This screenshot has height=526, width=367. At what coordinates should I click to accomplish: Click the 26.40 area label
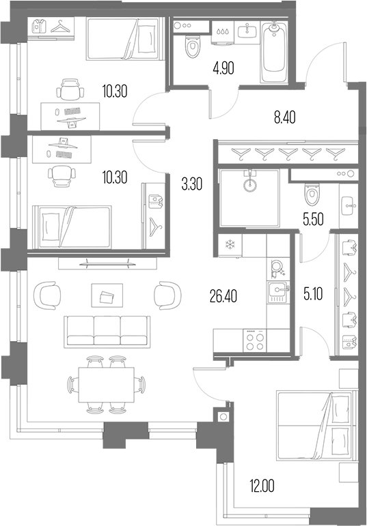click(x=223, y=296)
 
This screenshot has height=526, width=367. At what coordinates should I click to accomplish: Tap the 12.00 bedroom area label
click(x=262, y=486)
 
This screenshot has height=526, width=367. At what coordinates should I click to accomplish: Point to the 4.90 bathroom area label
click(x=223, y=68)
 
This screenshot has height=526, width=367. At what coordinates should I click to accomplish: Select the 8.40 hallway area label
click(x=285, y=118)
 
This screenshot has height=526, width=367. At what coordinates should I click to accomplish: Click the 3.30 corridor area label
click(x=192, y=184)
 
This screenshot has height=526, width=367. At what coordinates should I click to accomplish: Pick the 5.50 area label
click(x=313, y=220)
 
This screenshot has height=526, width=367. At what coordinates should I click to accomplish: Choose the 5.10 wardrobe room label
click(x=313, y=294)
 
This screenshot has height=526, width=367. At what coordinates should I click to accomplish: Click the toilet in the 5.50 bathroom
click(x=312, y=194)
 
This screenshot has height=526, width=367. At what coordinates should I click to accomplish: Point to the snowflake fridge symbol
click(x=230, y=244)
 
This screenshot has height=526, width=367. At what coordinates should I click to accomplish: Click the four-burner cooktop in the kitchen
click(x=255, y=340)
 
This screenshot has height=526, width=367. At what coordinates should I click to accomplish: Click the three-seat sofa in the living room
click(x=107, y=331)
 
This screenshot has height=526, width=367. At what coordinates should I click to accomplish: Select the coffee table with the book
click(x=107, y=295)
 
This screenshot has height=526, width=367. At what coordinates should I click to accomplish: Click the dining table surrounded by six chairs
click(x=106, y=384)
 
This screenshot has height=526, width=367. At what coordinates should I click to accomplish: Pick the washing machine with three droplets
click(x=222, y=33)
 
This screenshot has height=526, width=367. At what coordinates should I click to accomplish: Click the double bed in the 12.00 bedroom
click(x=316, y=426)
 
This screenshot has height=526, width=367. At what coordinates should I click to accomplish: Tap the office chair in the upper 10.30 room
click(x=70, y=89)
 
